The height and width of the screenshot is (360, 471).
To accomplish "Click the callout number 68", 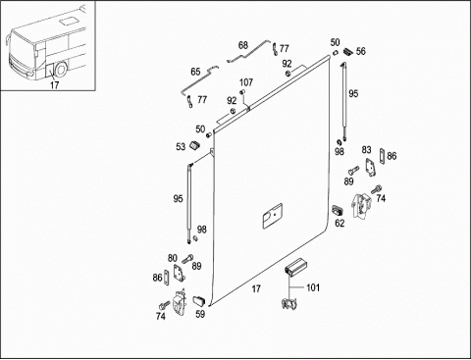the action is (243, 45).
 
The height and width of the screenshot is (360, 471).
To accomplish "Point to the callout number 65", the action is (195, 72).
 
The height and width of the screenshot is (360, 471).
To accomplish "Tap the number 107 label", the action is (246, 82).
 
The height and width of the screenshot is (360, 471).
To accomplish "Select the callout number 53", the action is (181, 147).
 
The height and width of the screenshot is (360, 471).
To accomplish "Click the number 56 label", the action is (361, 51).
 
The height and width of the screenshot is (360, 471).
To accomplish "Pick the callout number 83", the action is (366, 150).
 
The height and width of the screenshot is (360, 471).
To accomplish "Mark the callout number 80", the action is (173, 258).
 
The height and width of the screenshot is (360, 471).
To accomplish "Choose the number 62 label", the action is (340, 223).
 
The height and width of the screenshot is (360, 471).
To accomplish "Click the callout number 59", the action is (200, 314).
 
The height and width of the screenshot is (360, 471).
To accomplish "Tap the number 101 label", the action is (313, 287).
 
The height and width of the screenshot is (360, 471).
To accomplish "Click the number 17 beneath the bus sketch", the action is (55, 85).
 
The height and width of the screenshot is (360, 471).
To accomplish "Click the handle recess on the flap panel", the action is (273, 215).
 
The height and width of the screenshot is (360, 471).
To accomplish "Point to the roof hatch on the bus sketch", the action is (68, 22).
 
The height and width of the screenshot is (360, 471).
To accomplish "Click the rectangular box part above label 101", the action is (295, 265).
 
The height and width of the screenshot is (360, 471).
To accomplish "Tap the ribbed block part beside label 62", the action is (337, 209).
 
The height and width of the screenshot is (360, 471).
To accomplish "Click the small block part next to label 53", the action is (195, 144).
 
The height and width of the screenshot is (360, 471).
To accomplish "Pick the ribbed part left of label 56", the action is (347, 52).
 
